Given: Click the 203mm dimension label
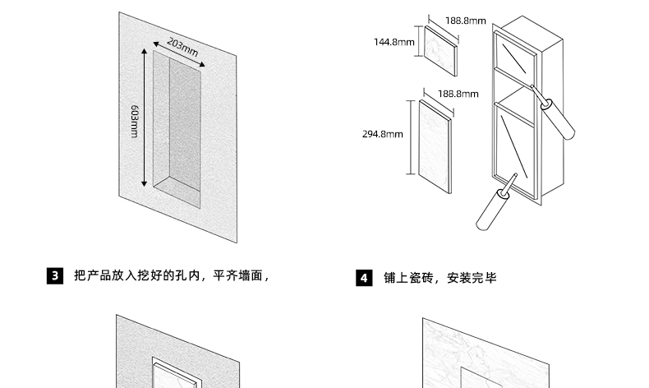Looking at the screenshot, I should (182, 48).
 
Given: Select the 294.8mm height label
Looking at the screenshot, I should (383, 134).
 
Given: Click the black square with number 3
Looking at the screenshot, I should (55, 276).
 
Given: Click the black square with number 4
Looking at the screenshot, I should (364, 278).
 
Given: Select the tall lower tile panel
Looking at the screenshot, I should (435, 145).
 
